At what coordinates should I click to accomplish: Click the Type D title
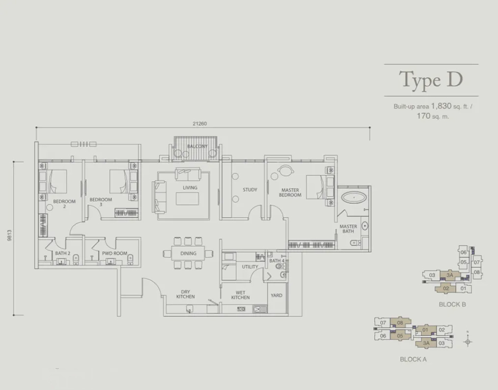coord(431,80)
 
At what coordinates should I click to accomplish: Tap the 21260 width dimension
coord(199,124)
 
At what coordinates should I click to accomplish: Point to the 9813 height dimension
coord(9,236)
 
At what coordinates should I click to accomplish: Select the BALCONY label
coord(197,146)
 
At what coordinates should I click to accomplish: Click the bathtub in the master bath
coord(354,197)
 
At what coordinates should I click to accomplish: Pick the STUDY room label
coord(250,190)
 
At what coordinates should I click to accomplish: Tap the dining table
coord(188,253)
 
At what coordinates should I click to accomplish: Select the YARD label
coord(276,295)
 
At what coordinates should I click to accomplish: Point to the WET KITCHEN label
coord(241,295)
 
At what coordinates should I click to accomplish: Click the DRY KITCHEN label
coord(186,294)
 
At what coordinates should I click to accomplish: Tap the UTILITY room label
coord(250,267)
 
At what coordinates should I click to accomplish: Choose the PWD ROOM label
coord(114,254)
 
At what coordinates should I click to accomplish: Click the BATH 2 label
coord(62,254)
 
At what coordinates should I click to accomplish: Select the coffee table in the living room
coord(187,199)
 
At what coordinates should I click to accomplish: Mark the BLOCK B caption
coord(452,304)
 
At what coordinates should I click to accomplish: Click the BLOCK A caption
coord(413,359)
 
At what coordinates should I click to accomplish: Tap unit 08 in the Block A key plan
coord(400,323)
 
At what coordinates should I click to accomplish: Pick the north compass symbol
coord(467,341)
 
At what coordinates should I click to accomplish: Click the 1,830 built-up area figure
coord(441,106)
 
